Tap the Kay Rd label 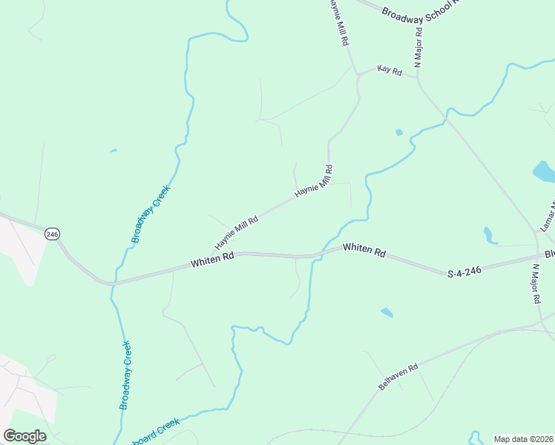click(389, 71)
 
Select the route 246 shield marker click(51, 234)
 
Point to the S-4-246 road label click(465, 272)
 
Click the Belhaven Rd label click(398, 377)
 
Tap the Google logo click(24, 435)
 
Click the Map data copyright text click(523, 439)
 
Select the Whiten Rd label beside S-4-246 click(364, 251)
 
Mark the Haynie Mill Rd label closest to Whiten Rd click(237, 232)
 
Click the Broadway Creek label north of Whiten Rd click(151, 214)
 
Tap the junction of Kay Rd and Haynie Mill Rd click(358, 74)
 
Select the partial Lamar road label click(547, 215)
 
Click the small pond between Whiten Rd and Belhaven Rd click(387, 312)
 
